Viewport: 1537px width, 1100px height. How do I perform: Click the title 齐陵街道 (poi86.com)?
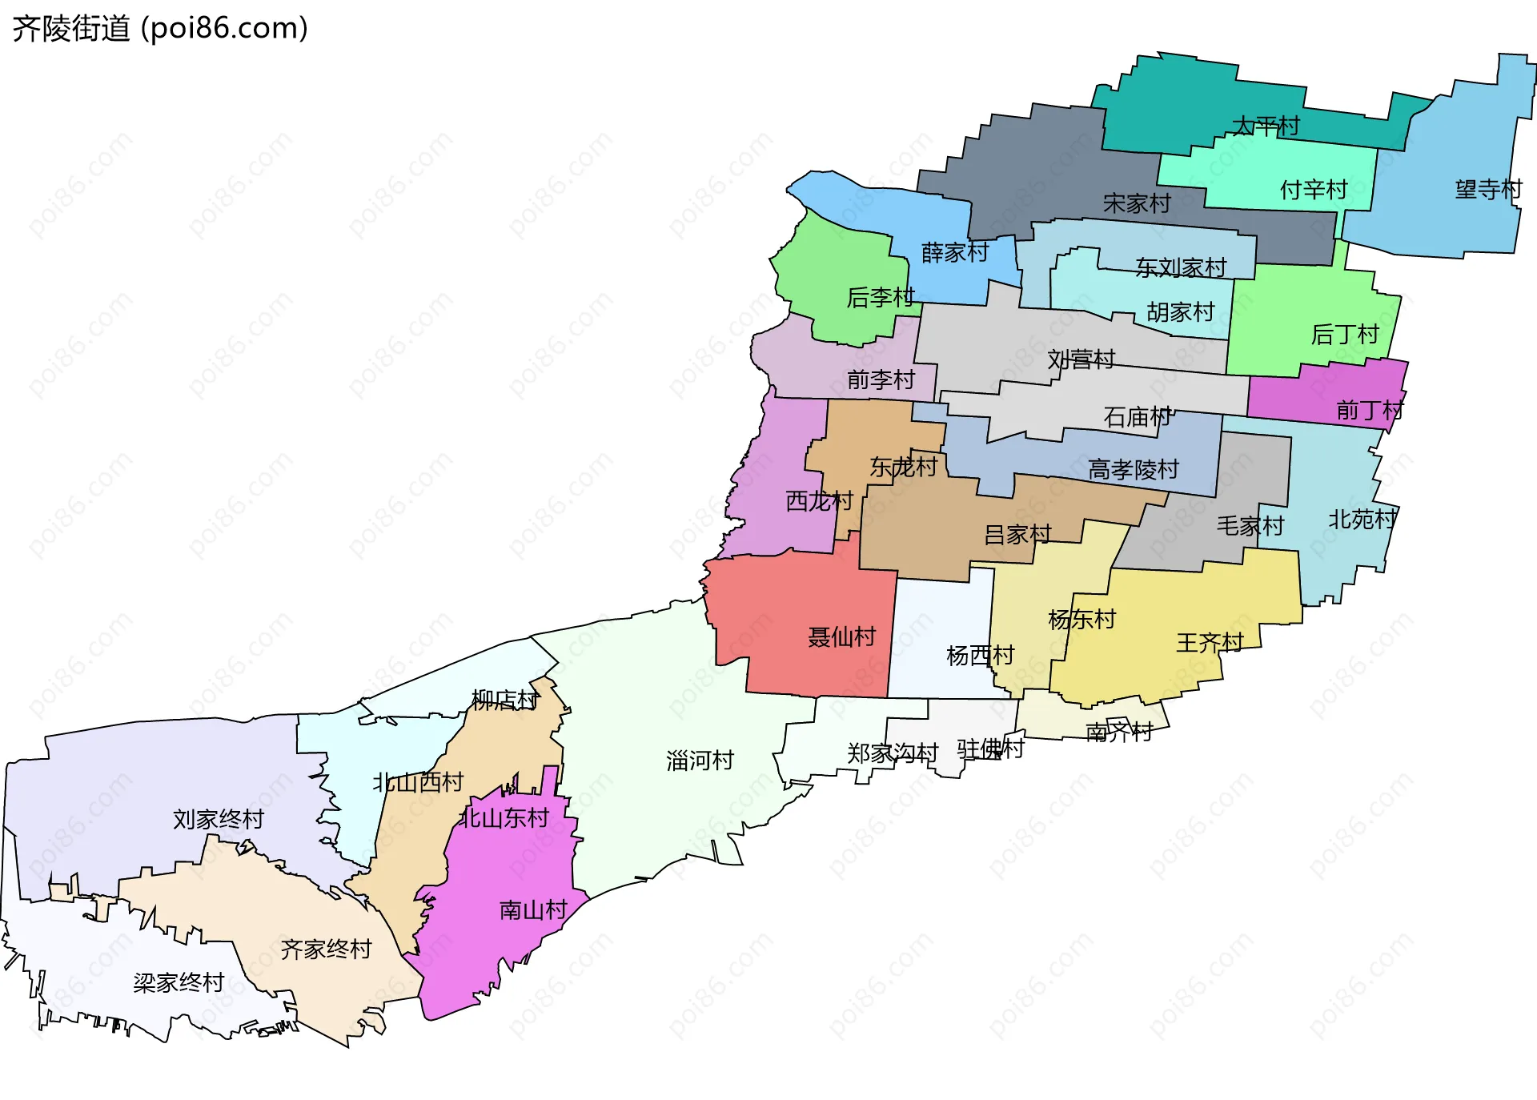pos(160,29)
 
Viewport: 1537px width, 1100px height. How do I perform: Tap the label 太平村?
pos(1265,126)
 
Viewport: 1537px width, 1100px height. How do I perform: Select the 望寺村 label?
pos(1488,190)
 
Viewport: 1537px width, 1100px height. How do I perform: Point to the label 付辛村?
pos(1314,190)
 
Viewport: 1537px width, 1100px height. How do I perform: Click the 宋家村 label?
pos(1137,203)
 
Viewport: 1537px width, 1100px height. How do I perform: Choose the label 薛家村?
pos(955,252)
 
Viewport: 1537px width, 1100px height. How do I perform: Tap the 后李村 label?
pos(881,298)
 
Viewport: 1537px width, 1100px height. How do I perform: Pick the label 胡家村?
pos(1181,311)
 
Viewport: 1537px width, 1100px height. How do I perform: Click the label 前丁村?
pos(1370,411)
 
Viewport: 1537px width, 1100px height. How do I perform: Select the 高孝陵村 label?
pos(1134,469)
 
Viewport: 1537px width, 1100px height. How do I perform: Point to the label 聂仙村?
pos(842,637)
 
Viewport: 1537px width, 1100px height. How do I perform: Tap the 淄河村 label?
pos(700,761)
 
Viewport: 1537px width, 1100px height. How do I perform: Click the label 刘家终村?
pos(219,819)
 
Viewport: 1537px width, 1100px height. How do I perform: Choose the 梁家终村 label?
pos(179,982)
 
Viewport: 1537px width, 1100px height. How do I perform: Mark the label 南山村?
pos(533,910)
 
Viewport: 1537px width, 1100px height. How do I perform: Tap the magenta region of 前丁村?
pos(1313,392)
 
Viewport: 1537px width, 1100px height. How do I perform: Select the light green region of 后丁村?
pos(1297,312)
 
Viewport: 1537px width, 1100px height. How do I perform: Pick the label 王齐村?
pos(1210,642)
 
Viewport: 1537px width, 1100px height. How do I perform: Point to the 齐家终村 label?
pos(326,949)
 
